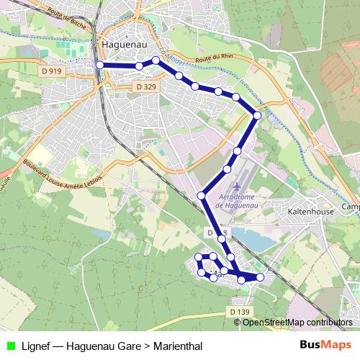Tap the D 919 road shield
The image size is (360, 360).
(51, 71)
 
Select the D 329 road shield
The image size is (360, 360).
(146, 86)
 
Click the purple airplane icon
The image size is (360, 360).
(238, 188)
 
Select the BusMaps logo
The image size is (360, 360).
(325, 345)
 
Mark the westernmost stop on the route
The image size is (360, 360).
(99, 65)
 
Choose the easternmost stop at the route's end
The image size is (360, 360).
(261, 277)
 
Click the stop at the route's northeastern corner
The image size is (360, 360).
(257, 115)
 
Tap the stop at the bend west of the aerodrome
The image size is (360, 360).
(202, 196)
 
